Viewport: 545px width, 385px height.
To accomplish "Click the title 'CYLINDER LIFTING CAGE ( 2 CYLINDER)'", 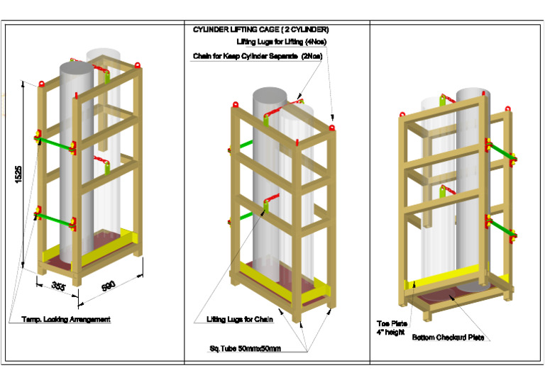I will coord(260,30).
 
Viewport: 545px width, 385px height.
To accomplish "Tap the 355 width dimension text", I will coord(58,286).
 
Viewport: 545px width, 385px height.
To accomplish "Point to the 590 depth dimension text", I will coord(109,287).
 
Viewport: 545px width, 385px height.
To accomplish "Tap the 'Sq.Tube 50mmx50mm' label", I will coord(245,348).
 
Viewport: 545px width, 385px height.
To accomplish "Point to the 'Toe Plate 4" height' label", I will coord(391,328).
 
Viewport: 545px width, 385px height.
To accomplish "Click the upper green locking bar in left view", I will coord(55,142).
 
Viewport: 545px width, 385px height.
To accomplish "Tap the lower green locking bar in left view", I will coord(55,218).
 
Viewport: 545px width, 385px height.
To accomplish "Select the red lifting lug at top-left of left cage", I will coord(41,84).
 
